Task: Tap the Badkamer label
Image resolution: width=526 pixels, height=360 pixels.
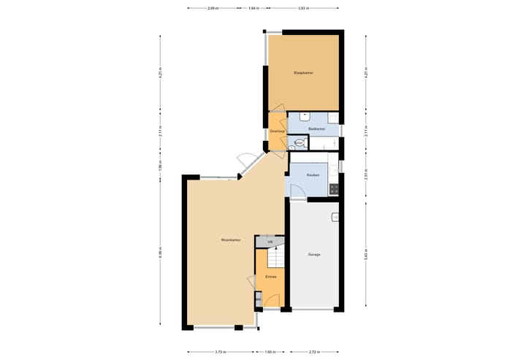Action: tap(316, 129)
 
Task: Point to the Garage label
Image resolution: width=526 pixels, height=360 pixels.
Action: tap(314, 254)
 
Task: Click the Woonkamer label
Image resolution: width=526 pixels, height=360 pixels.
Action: tap(231, 240)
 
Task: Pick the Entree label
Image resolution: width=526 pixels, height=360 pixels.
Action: tap(270, 277)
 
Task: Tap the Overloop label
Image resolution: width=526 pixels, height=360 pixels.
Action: tap(277, 131)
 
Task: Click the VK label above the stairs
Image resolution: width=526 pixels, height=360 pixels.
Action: tap(270, 242)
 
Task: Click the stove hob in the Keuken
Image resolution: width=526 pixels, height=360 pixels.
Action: tap(334, 189)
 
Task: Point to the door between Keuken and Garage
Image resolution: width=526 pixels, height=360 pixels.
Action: tap(297, 192)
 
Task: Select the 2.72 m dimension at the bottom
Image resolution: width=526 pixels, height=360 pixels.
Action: tap(316, 352)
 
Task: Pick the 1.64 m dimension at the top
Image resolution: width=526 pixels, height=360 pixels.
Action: tap(253, 8)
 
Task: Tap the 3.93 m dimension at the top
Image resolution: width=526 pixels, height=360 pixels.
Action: tap(302, 8)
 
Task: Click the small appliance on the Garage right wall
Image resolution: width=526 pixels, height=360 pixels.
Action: tap(335, 217)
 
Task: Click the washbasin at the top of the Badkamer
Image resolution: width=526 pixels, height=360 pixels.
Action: tap(305, 115)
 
